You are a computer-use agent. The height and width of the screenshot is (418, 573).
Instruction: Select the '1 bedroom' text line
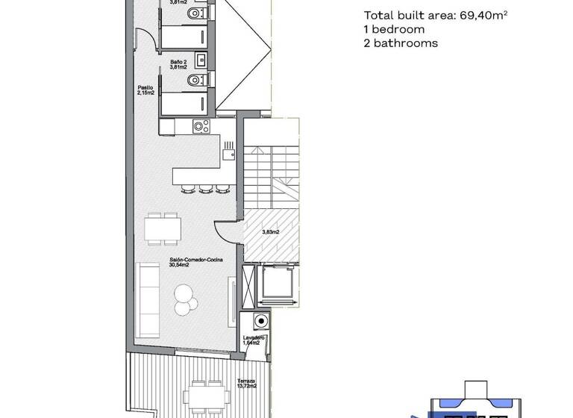tap(395, 30)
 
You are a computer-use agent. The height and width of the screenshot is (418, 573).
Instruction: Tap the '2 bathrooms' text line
tap(401, 43)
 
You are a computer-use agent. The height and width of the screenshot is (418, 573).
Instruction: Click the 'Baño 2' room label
tap(178, 61)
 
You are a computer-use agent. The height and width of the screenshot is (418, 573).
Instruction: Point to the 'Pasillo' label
tap(145, 88)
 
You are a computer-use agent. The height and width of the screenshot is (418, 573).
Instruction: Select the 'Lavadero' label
tap(254, 338)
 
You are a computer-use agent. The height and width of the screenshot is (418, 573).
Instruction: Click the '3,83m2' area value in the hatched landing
tap(270, 232)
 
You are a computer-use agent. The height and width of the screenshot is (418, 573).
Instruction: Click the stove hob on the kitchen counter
tap(200, 127)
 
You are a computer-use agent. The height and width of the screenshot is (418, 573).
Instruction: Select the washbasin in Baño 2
tap(198, 58)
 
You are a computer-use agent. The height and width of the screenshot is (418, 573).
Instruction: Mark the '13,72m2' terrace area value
tap(246, 386)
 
